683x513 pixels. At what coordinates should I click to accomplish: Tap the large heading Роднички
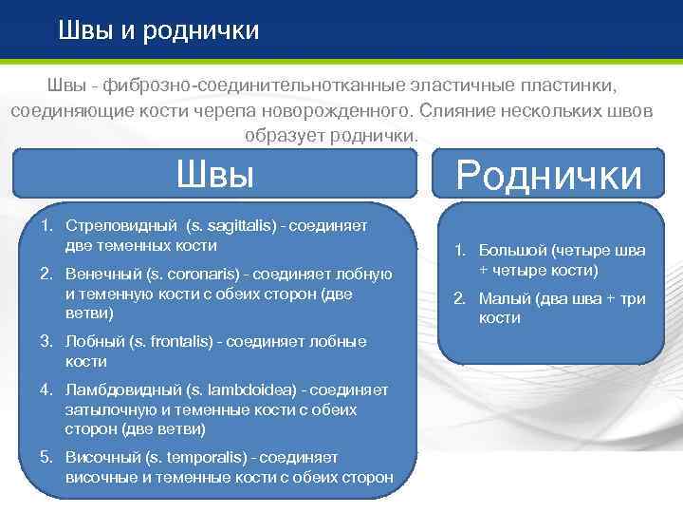[548, 175]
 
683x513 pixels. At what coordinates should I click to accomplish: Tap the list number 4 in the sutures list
[46, 389]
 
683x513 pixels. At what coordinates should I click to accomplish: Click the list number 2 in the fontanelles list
[459, 298]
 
